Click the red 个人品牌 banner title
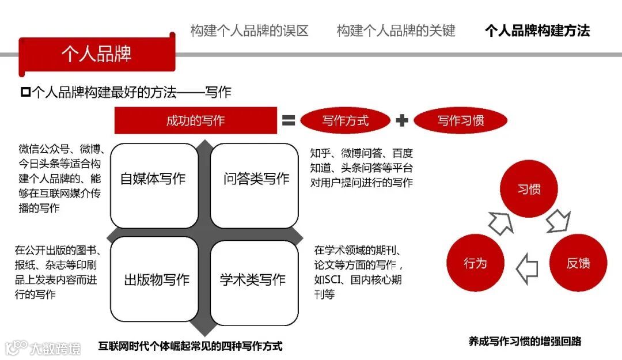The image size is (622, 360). [97, 54]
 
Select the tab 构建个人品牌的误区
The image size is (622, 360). [249, 31]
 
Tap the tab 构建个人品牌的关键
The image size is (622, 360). [396, 31]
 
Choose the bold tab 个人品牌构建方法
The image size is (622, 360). [537, 31]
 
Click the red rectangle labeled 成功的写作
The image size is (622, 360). [195, 120]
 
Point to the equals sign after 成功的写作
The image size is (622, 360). [288, 120]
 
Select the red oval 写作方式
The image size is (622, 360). [345, 120]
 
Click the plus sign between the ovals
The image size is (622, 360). [402, 120]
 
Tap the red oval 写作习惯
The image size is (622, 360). [460, 120]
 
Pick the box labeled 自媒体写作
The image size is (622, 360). [153, 179]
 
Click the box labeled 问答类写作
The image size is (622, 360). [255, 179]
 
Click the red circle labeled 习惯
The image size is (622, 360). [529, 190]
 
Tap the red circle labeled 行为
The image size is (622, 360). [475, 263]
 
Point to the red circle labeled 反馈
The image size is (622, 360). [578, 263]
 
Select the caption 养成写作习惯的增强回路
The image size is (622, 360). [525, 341]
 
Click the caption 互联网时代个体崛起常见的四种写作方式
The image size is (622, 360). [190, 347]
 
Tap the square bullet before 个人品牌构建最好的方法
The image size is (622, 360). [25, 92]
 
